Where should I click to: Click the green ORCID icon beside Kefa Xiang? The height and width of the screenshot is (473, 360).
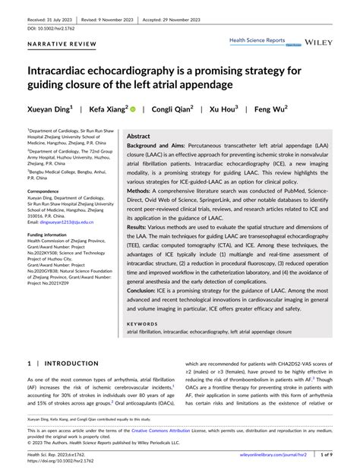coord(134,109)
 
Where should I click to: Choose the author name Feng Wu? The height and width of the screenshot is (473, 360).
coord(270,109)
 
